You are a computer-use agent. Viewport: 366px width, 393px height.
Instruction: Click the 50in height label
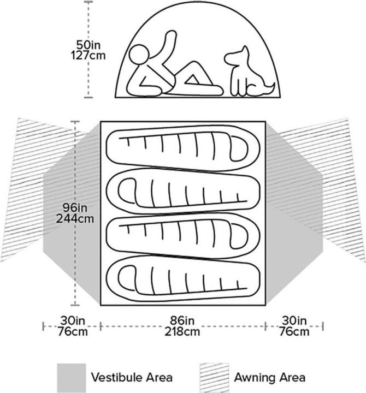(88, 45)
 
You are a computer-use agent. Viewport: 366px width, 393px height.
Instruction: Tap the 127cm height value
(88, 55)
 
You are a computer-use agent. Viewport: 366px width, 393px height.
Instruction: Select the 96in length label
(75, 208)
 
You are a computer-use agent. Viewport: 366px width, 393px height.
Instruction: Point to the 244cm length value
(75, 218)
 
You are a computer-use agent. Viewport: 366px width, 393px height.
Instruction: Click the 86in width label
(182, 320)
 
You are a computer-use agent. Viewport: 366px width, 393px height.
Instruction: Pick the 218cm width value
(182, 332)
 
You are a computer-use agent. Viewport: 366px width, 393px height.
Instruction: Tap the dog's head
(237, 56)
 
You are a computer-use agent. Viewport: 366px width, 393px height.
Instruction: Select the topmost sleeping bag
(183, 148)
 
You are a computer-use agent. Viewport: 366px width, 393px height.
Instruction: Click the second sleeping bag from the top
(183, 191)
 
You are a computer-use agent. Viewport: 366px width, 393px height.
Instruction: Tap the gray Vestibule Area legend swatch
(72, 378)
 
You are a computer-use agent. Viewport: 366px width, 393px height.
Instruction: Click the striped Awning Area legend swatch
(215, 378)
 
